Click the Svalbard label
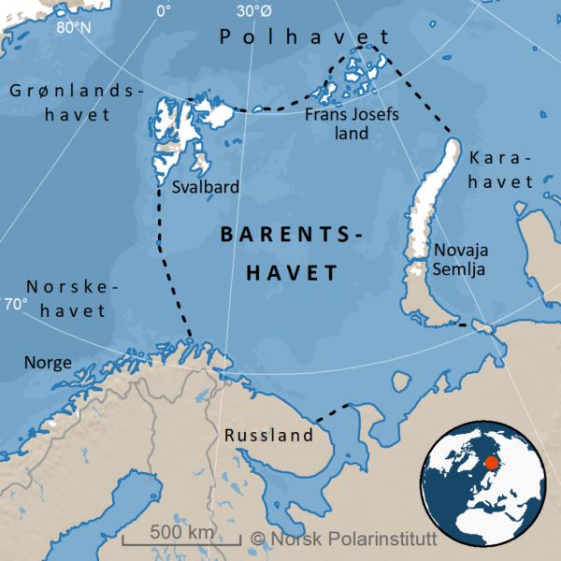pyautogui.click(x=205, y=187)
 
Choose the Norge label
pyautogui.click(x=48, y=361)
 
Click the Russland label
pyautogui.click(x=268, y=436)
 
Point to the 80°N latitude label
pyautogui.click(x=74, y=27)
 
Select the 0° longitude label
pyautogui.click(x=164, y=11)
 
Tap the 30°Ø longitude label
pyautogui.click(x=254, y=11)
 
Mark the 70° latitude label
pyautogui.click(x=16, y=304)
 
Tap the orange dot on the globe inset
pyautogui.click(x=491, y=462)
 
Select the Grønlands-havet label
pyautogui.click(x=72, y=103)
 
